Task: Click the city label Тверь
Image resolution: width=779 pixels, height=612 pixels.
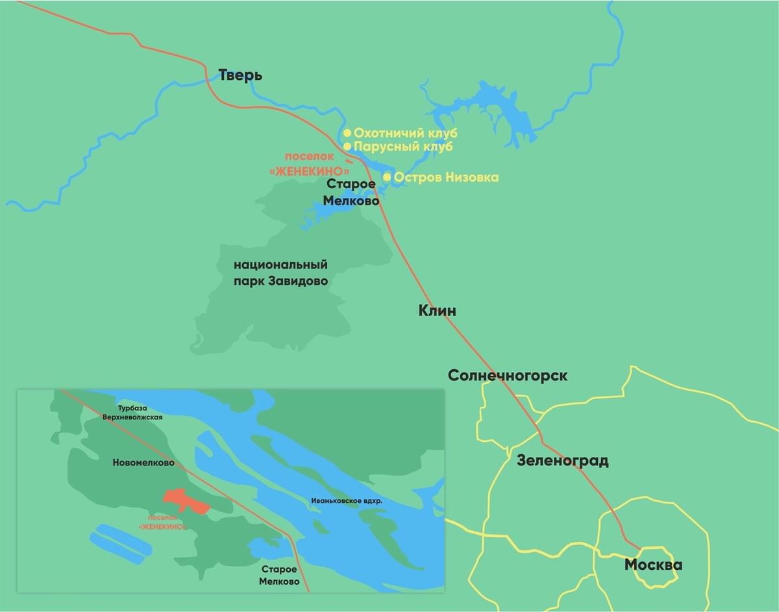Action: tap(240, 75)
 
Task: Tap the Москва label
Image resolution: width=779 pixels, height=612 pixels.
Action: tap(653, 565)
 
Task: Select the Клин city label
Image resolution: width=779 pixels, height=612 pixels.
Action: tap(438, 311)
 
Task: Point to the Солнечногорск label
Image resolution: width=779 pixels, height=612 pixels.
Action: tap(508, 376)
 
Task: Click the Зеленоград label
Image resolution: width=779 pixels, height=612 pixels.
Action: tap(562, 461)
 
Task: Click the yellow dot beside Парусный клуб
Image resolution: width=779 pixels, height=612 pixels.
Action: tap(347, 147)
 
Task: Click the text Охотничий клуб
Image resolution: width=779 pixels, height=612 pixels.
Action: tap(406, 133)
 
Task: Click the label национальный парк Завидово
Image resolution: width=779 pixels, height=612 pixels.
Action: tap(280, 273)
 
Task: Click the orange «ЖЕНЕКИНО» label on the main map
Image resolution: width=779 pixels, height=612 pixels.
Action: tap(309, 171)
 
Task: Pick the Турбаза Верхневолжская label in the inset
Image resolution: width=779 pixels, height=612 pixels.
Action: tap(132, 413)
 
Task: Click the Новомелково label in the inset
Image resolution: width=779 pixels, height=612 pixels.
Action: tap(143, 463)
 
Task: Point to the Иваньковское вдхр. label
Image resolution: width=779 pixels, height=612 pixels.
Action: tap(347, 502)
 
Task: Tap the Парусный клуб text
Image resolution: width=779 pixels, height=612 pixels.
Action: tap(403, 147)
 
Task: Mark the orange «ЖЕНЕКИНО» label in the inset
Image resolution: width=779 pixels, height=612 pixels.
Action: tap(162, 522)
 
